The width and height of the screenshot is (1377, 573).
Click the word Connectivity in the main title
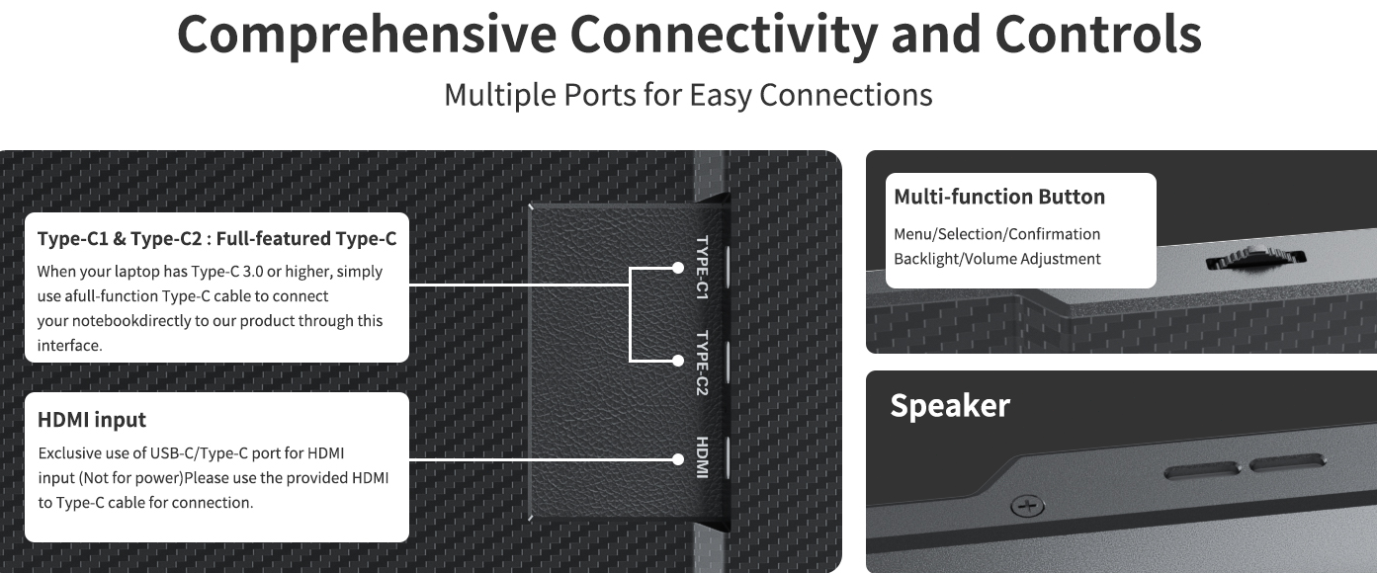[724, 35]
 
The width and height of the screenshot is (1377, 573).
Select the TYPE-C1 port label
[702, 268]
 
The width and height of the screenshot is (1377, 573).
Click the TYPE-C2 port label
[702, 363]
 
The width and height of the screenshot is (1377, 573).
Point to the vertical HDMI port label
[702, 457]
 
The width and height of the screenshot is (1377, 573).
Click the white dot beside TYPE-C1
[677, 268]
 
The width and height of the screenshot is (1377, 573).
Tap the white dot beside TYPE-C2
[677, 361]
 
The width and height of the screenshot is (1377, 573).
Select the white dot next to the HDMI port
[677, 459]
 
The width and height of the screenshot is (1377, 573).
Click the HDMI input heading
[92, 420]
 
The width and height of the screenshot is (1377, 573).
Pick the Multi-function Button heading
[999, 197]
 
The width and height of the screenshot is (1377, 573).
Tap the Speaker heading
[950, 405]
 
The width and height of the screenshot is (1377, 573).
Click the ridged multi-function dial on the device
[1255, 258]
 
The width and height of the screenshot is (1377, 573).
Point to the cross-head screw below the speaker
[1027, 506]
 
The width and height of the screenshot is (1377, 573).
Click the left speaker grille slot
[1202, 471]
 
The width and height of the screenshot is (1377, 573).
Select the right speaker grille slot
[1287, 463]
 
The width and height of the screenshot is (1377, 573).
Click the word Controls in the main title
[1098, 35]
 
